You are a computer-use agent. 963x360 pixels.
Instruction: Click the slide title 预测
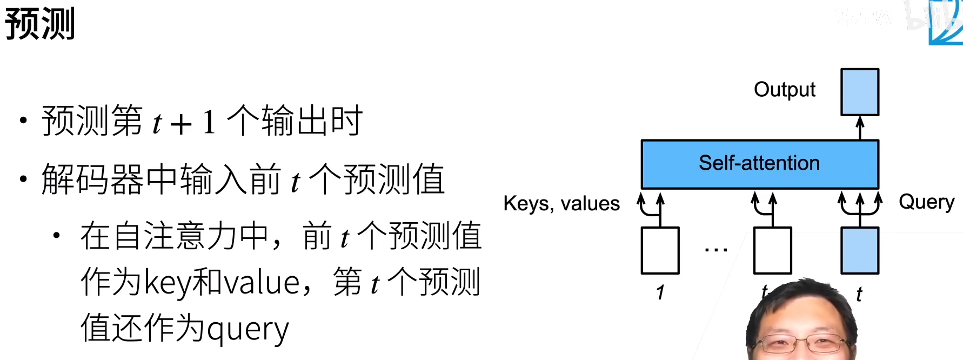(39, 24)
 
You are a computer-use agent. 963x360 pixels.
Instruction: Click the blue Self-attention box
(759, 163)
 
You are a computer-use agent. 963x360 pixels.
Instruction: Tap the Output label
(784, 90)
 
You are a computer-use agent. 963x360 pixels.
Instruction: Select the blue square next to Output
(859, 92)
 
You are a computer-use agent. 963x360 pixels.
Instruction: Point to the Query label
(926, 202)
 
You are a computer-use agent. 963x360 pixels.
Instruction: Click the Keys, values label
(561, 204)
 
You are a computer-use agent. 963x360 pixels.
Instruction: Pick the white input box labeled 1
(660, 250)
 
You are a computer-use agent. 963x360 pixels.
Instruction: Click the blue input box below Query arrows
(859, 250)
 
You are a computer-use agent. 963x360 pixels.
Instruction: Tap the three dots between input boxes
(716, 250)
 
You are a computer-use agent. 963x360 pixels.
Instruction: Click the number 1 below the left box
(660, 292)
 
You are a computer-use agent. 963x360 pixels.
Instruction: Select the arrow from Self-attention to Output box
(860, 128)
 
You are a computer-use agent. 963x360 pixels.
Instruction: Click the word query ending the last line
(248, 329)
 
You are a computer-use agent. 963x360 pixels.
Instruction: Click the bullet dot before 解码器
(23, 179)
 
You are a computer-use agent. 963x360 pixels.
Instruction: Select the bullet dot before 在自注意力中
(57, 235)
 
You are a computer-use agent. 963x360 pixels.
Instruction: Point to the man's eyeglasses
(801, 343)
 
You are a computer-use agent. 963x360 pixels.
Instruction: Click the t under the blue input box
(859, 294)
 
